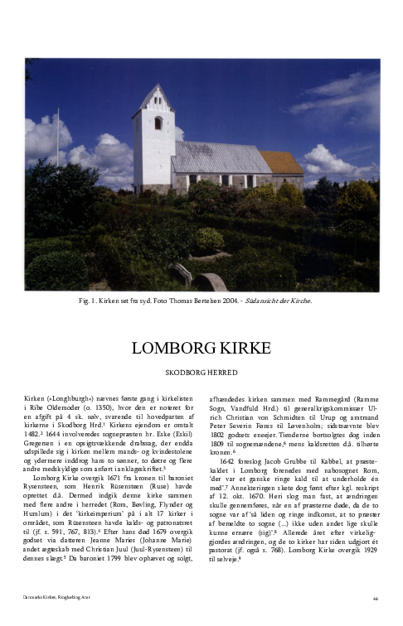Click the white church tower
tap(153, 141)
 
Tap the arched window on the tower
tap(158, 123)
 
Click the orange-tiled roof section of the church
tap(282, 162)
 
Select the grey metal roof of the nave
tap(219, 156)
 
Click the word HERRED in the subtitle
tap(226, 373)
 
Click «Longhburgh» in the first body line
tap(68, 398)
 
